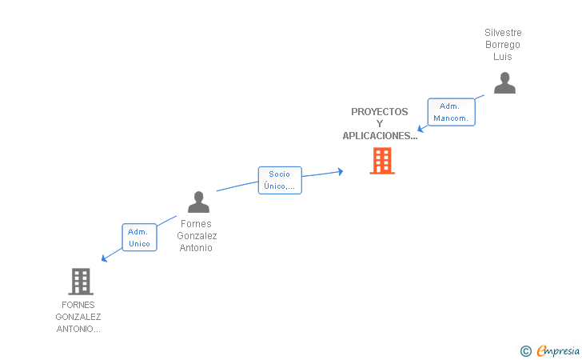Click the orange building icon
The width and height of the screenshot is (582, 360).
(382, 161)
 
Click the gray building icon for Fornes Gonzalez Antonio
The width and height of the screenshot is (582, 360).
(81, 282)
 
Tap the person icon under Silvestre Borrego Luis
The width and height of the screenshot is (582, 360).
(504, 83)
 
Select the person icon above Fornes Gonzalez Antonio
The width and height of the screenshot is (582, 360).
(198, 202)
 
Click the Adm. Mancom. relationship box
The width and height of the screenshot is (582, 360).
(451, 112)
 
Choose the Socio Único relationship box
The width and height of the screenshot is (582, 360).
(280, 180)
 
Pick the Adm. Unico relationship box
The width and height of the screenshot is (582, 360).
(139, 238)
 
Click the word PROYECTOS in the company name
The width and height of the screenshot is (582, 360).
(379, 112)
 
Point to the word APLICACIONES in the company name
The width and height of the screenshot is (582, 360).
(377, 136)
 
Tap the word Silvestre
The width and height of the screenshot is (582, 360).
(503, 33)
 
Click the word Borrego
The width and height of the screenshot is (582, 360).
(503, 45)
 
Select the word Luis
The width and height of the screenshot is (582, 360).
(503, 57)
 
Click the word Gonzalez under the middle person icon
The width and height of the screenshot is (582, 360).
(197, 236)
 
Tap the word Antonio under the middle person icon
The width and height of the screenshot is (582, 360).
(196, 248)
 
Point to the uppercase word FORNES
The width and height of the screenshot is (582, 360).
(78, 305)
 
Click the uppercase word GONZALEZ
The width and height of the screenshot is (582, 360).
(78, 317)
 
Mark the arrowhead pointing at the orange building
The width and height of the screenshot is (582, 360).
(340, 172)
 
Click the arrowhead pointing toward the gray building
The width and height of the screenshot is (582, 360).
(104, 258)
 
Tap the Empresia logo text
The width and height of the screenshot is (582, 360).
(558, 350)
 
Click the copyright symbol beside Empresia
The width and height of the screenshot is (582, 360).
(526, 351)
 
